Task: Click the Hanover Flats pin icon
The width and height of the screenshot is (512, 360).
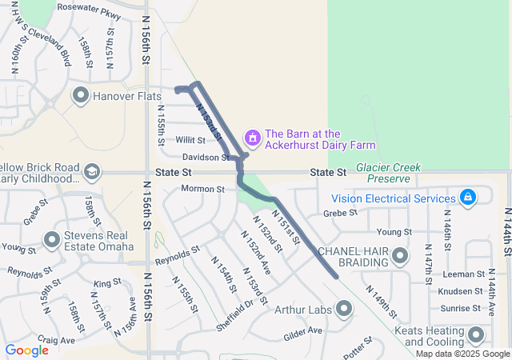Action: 81,97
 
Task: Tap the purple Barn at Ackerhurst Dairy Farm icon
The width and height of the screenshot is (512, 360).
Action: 253,138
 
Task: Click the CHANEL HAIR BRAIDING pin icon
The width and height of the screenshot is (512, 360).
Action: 400,256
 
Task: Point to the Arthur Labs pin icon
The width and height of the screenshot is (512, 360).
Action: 345,308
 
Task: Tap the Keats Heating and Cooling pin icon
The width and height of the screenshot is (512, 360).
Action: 477,335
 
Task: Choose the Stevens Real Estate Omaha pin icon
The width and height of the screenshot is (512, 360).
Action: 53,239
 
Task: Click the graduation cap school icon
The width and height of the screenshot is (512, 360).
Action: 92,172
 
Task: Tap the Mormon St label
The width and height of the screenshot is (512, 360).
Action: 202,189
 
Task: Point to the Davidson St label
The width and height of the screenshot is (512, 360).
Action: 205,157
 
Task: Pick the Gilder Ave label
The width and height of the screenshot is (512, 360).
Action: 303,330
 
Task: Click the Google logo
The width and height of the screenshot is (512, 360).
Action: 26,350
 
